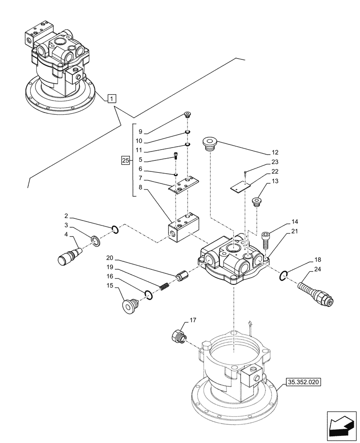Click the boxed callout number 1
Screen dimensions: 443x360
pos(112,98)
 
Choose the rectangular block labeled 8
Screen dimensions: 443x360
pos(183,226)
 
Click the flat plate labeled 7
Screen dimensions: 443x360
pos(183,185)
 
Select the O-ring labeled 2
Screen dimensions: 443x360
pos(115,229)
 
